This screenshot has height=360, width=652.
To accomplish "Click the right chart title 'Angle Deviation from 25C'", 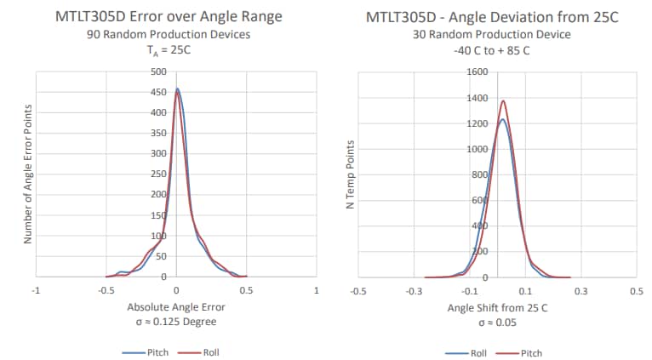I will (x=530, y=17).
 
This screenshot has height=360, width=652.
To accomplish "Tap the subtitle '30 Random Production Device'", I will (x=497, y=35).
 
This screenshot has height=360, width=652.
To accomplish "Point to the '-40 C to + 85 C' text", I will (x=497, y=49).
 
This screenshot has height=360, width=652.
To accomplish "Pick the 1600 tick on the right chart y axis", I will (x=477, y=71).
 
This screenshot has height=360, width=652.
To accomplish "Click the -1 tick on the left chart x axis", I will (x=35, y=290).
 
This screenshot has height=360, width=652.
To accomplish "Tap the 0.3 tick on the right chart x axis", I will (x=581, y=290).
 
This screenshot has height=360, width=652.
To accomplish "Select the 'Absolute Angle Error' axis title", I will (x=175, y=306).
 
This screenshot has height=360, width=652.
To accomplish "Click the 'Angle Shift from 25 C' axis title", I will (x=497, y=306).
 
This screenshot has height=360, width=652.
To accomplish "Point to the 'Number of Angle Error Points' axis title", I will (x=27, y=174).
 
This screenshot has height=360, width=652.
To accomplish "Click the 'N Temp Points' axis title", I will (x=350, y=174).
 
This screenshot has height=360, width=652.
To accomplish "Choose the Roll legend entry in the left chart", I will (x=205, y=351).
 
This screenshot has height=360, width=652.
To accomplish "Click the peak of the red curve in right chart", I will (x=503, y=101).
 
